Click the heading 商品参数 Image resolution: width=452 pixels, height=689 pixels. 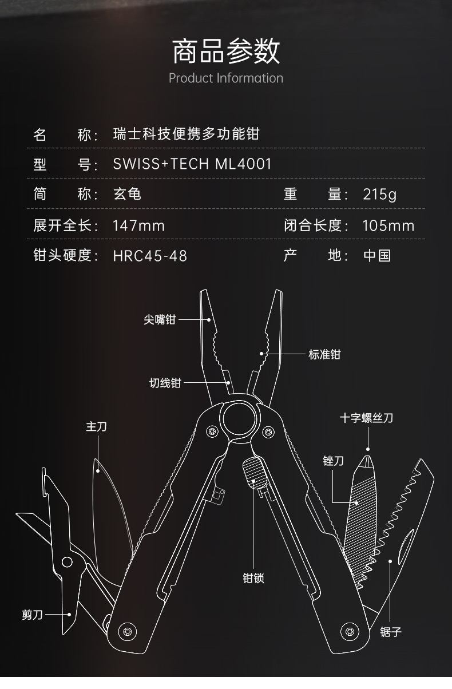(226, 51)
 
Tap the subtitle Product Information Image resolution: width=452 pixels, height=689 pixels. (226, 78)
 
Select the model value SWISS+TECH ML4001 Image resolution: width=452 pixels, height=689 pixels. (192, 164)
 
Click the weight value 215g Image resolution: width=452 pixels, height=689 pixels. (379, 194)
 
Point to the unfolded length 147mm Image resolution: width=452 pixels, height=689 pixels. (138, 225)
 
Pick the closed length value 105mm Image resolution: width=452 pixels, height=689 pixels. (388, 225)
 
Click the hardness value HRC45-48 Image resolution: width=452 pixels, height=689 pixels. (150, 255)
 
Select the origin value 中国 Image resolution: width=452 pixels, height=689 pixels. (377, 255)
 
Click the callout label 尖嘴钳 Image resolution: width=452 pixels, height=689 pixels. (160, 320)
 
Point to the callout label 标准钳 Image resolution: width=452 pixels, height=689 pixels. (324, 354)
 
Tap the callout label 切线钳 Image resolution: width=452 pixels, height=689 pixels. (165, 382)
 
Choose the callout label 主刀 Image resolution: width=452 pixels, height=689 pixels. (96, 426)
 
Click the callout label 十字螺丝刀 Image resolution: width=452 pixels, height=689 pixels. (366, 418)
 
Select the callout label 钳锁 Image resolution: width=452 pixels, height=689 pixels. (253, 578)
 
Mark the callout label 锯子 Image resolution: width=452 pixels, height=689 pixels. (391, 632)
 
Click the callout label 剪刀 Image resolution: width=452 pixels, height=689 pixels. (33, 615)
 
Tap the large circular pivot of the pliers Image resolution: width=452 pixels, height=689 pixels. (239, 419)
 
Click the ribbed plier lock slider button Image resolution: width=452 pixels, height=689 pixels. (252, 472)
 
